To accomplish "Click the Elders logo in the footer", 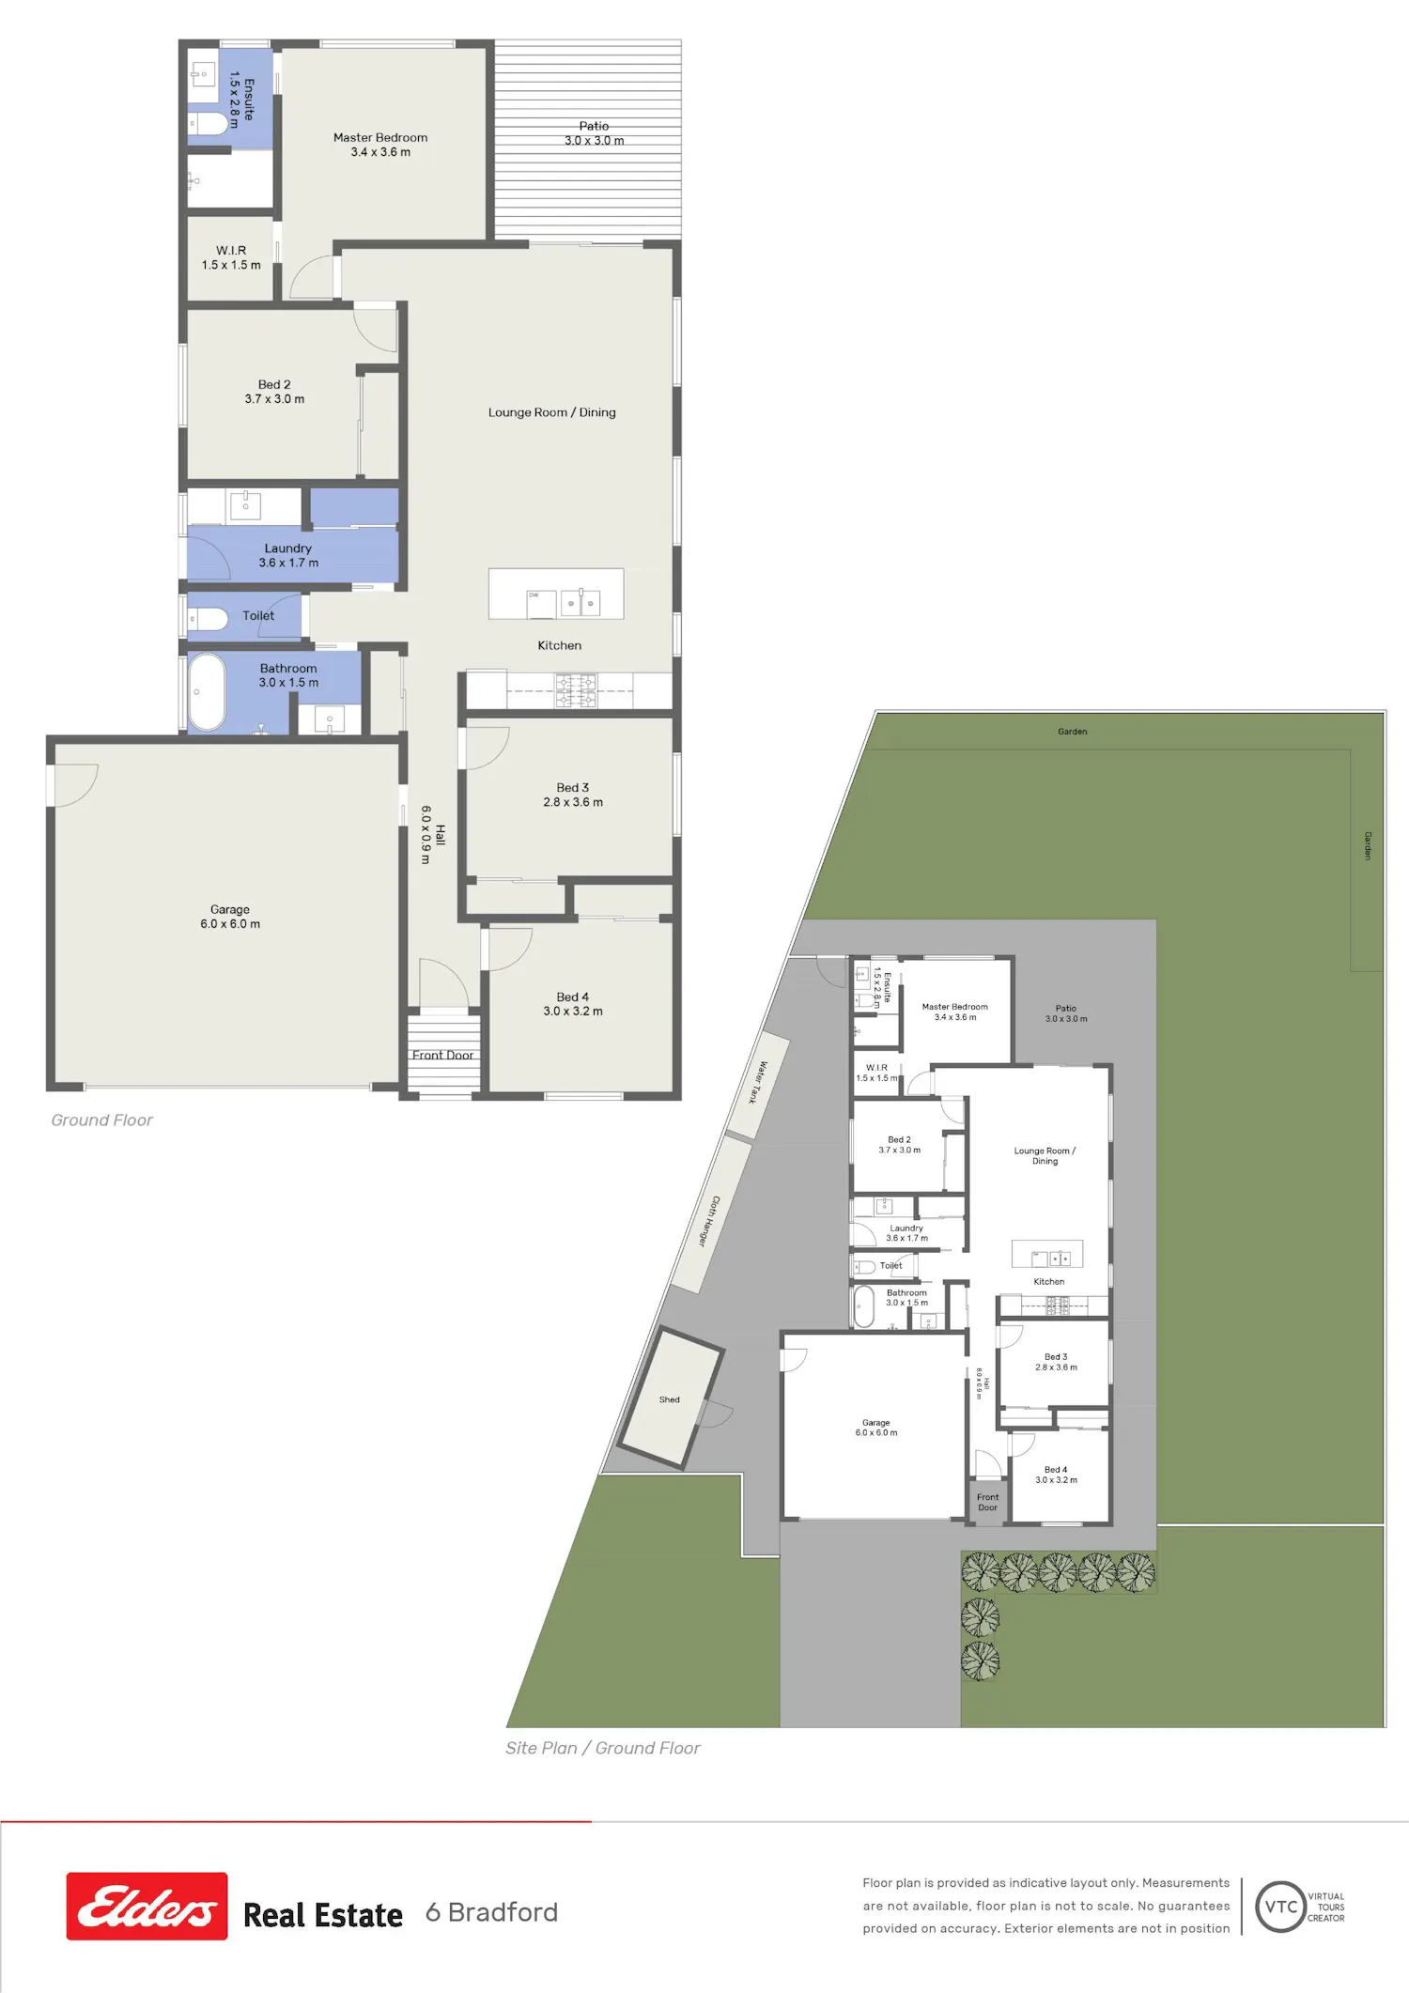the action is point(147,1906).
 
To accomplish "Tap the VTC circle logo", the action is point(1280,1906).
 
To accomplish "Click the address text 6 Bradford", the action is point(491,1912).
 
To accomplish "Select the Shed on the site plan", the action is point(670,1398).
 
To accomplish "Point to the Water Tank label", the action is point(757,1082).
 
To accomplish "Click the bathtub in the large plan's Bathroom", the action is point(207,692).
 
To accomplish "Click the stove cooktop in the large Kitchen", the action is point(575,690).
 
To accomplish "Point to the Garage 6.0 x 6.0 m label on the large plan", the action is point(230,917).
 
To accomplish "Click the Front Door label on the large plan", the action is point(442,1055).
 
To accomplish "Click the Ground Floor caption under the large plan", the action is point(101,1120).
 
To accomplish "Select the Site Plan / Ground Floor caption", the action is point(602,1748).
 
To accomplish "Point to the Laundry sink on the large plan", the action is point(246,505).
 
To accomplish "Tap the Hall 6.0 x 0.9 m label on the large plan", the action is point(433,834).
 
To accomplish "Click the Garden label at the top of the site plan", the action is point(1073,732).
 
